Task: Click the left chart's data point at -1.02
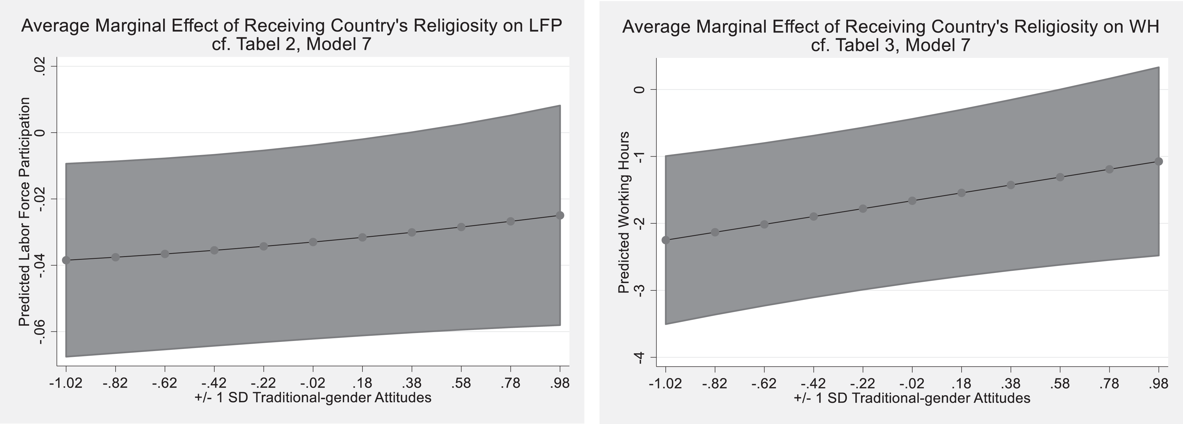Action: (66, 260)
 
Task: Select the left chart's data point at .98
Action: (560, 215)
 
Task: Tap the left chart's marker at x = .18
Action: (362, 237)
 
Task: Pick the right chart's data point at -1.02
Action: (665, 240)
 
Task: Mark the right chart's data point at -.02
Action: (912, 201)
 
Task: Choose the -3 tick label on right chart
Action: (638, 290)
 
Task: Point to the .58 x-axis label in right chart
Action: (1060, 383)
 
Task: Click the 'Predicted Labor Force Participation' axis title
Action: (24, 212)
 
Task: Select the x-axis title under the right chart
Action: (912, 398)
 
